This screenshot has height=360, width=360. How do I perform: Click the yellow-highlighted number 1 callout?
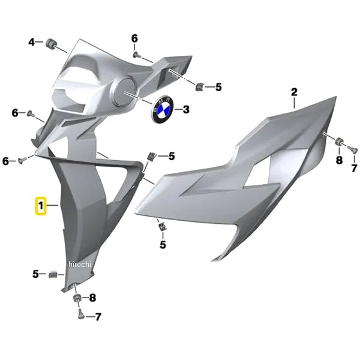coord(41,206)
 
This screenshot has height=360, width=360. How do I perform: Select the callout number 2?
coord(294,92)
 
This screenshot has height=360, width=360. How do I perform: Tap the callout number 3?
coord(186,109)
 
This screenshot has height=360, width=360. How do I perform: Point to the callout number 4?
coord(31,42)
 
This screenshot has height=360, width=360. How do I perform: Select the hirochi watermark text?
coord(80,264)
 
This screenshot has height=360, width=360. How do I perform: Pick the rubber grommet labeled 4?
coord(49,43)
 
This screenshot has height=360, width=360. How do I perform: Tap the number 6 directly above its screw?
coord(134,38)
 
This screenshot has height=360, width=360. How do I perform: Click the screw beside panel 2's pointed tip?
coord(352,149)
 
